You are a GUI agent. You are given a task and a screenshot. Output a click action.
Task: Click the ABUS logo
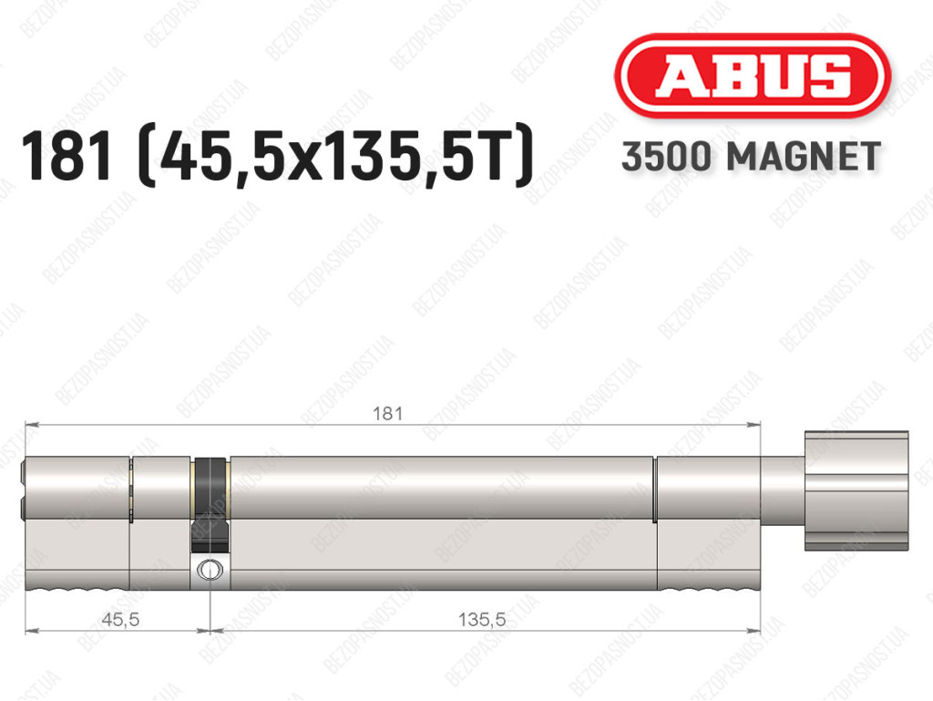pos(752,76)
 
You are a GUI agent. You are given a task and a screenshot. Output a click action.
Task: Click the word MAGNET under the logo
pos(804,157)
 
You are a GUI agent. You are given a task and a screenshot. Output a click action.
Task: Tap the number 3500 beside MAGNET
pos(666,157)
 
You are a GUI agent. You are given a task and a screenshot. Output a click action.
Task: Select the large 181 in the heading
pos(66,156)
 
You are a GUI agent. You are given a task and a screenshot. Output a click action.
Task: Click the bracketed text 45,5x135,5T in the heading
pos(335,156)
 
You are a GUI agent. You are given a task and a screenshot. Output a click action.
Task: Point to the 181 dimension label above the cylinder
pos(387,413)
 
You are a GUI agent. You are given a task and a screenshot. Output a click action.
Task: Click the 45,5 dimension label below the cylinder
pos(121,620)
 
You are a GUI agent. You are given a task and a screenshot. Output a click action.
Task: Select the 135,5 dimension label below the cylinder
pos(482,620)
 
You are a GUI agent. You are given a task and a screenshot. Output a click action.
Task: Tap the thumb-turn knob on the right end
pos(856,490)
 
